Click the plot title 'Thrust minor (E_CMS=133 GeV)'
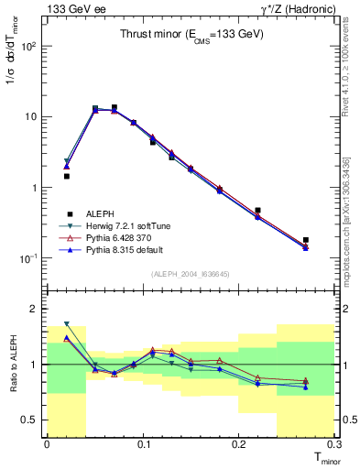click(x=192, y=35)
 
